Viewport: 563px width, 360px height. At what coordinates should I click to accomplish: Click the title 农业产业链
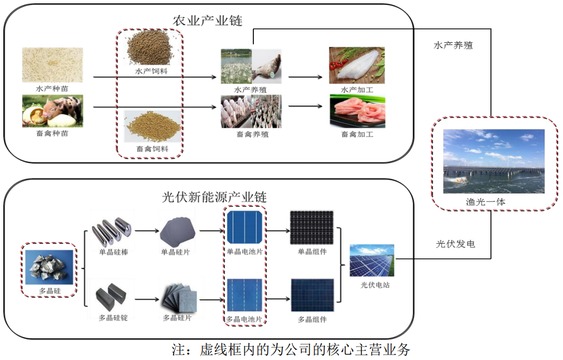(208, 21)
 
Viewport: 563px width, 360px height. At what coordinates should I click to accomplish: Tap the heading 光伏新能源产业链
(214, 196)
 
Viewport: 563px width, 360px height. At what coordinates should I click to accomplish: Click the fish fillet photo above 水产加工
(357, 65)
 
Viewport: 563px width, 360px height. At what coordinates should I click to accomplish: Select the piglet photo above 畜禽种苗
(52, 111)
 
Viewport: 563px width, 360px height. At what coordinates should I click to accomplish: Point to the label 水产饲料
(151, 71)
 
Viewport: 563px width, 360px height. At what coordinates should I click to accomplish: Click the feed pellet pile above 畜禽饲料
(153, 127)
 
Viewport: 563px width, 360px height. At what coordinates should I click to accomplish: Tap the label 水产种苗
(52, 88)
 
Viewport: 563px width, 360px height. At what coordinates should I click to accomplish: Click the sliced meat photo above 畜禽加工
(358, 111)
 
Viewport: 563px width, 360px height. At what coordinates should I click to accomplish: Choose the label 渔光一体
(486, 202)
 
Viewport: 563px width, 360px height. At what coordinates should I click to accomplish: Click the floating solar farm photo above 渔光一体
(494, 161)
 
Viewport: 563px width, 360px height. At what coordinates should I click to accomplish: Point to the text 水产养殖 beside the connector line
(453, 45)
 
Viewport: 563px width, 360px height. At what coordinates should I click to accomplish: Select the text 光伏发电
(456, 244)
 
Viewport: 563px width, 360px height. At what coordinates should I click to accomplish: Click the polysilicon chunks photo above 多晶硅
(49, 268)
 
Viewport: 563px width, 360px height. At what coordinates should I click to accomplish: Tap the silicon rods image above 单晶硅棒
(112, 230)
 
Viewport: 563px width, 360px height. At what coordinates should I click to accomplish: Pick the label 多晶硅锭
(113, 318)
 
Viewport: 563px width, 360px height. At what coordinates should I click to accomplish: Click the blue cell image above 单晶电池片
(244, 228)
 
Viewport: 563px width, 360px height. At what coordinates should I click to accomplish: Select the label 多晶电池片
(244, 319)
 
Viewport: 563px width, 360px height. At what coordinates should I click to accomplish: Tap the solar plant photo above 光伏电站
(372, 260)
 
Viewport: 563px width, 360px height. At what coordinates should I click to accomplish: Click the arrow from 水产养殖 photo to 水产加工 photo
(306, 77)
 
